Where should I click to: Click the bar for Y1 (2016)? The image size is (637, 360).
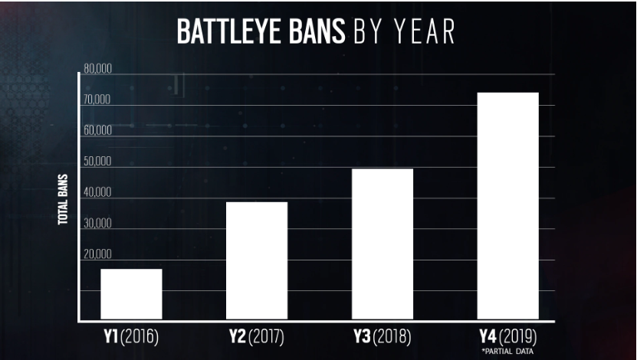(131, 294)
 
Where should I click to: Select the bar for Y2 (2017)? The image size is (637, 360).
(257, 260)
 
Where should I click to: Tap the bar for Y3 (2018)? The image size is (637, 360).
(383, 244)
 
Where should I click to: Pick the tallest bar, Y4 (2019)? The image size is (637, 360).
(507, 205)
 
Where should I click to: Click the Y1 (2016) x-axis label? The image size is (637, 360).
(131, 337)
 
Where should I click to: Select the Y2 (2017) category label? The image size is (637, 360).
(257, 337)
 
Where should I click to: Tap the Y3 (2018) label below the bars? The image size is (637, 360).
(382, 337)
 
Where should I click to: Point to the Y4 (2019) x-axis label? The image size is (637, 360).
(507, 337)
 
